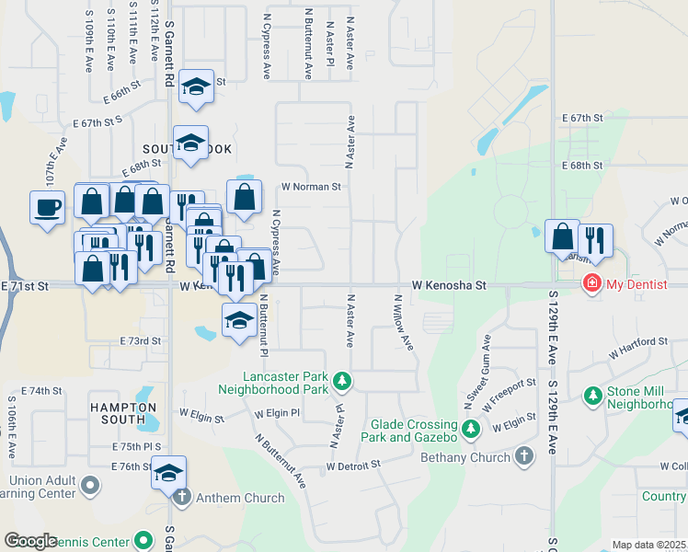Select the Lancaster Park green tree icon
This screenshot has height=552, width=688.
(341, 380)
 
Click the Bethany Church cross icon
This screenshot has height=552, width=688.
(523, 456)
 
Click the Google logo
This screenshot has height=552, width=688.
(31, 541)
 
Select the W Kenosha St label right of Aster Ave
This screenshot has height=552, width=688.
(448, 285)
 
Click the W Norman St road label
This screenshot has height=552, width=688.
(311, 186)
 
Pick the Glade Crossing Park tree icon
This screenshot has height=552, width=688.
(471, 428)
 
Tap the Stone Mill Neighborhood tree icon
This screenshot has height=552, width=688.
(593, 396)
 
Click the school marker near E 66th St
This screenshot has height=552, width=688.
(196, 86)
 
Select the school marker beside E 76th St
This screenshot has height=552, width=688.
(168, 472)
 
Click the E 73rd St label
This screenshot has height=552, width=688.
(141, 340)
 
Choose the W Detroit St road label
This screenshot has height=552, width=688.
(353, 466)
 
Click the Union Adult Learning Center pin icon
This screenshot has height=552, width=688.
(90, 484)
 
